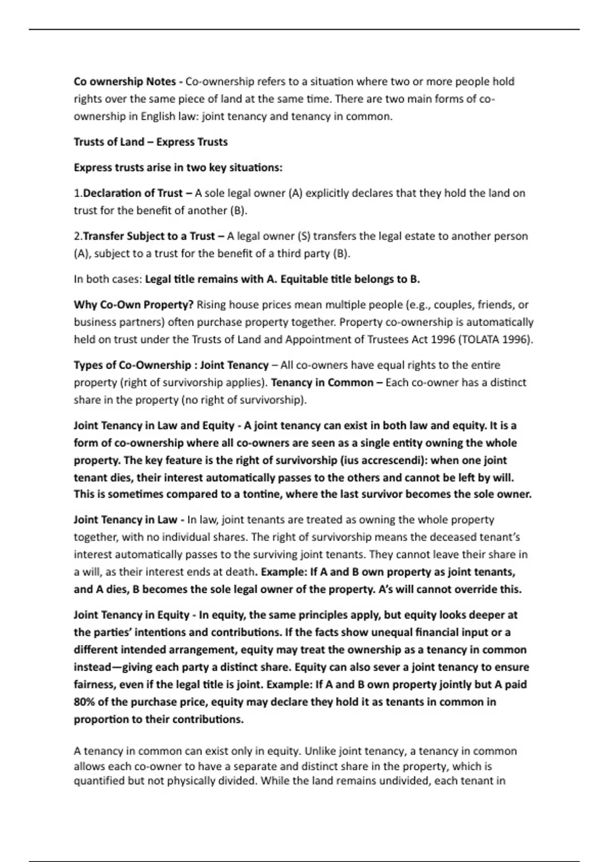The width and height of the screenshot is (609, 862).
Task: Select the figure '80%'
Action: [x=85, y=702]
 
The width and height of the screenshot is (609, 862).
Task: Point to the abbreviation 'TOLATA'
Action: [x=480, y=340]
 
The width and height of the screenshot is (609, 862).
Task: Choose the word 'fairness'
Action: [x=94, y=685]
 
